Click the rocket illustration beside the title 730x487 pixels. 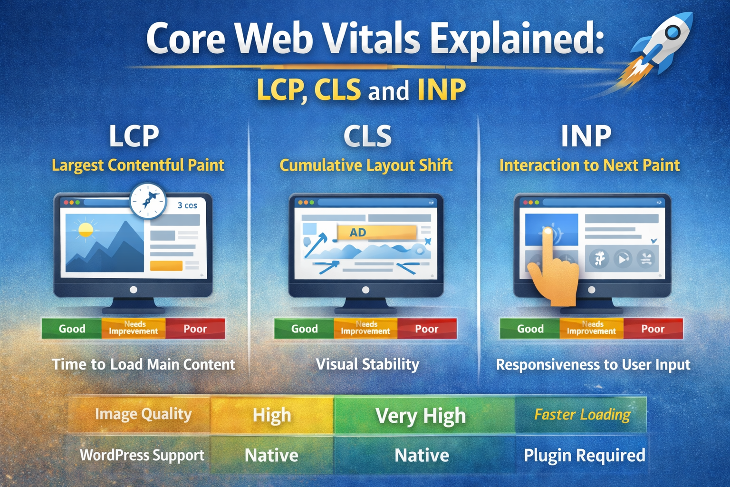(x=661, y=48)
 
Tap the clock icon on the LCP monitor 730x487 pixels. (x=148, y=201)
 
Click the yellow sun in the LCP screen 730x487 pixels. (x=86, y=229)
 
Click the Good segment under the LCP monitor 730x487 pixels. (x=72, y=329)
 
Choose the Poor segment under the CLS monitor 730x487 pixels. (x=426, y=329)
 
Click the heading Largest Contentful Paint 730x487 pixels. (x=138, y=165)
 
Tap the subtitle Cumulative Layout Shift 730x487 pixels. (x=366, y=165)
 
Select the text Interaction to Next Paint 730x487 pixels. (x=589, y=165)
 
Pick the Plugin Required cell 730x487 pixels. (x=584, y=455)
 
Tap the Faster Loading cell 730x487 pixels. (x=582, y=415)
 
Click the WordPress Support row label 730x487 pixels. (x=142, y=455)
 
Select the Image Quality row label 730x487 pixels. (x=143, y=414)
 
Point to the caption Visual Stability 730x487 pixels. (x=367, y=364)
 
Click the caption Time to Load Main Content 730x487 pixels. (x=144, y=364)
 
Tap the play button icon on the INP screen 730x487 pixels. (x=623, y=259)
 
